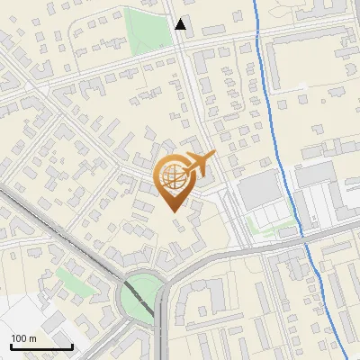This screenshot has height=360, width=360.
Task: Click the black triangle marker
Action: pyautogui.click(x=181, y=24)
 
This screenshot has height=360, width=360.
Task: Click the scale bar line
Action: pyautogui.click(x=41, y=346)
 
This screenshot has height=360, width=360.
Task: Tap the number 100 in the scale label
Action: pyautogui.click(x=19, y=338)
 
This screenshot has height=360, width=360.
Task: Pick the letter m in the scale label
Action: pyautogui.click(x=32, y=338)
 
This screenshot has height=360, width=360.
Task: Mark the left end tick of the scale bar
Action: pyautogui.click(x=11, y=345)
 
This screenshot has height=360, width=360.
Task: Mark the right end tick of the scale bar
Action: pyautogui.click(x=72, y=345)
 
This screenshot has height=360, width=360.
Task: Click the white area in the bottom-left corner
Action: pyautogui.click(x=18, y=315)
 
